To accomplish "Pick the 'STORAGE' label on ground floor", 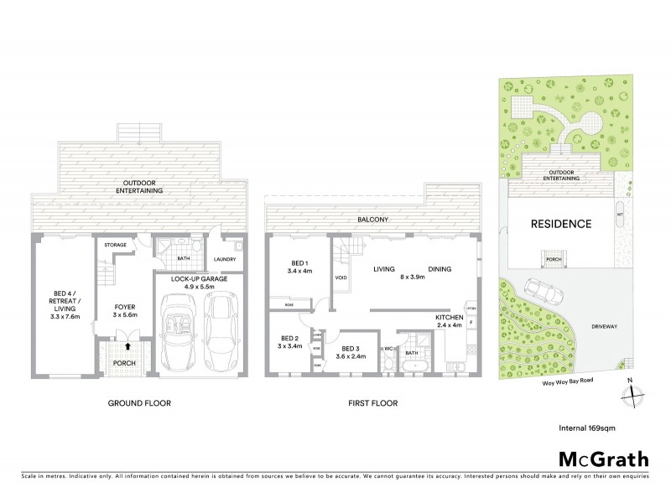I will pyautogui.click(x=114, y=245).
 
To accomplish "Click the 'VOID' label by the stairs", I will pyautogui.click(x=341, y=277).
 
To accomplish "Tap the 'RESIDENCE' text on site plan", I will pyautogui.click(x=561, y=224).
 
